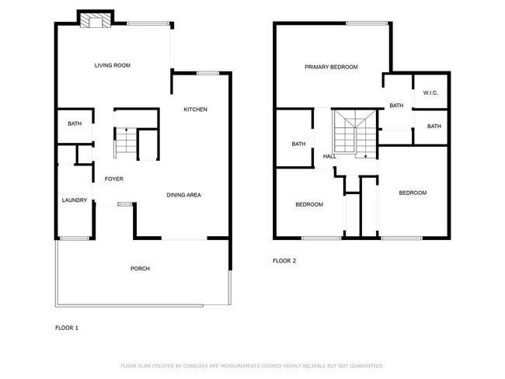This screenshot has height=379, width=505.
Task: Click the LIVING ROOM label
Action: click(x=112, y=65)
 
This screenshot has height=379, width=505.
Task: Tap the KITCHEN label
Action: click(x=195, y=110)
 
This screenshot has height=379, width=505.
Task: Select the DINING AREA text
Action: click(x=183, y=195)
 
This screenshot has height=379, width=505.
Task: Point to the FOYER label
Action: click(x=114, y=179)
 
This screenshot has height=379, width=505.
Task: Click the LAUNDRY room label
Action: click(x=74, y=200)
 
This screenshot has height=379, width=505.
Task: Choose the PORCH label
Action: click(x=140, y=269)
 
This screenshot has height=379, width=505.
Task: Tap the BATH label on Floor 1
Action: click(x=75, y=123)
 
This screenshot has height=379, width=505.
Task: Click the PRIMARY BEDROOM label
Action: click(x=331, y=68)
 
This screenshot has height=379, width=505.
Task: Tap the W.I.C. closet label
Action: click(x=430, y=93)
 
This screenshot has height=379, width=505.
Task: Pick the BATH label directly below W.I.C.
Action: click(x=434, y=127)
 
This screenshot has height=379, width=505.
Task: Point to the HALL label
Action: click(x=329, y=158)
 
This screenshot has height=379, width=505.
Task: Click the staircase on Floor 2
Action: click(x=354, y=133)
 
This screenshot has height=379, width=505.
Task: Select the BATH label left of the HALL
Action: click(x=298, y=144)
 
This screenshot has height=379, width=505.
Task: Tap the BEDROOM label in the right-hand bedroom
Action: click(x=413, y=193)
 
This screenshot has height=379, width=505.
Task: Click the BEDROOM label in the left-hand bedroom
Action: click(x=308, y=204)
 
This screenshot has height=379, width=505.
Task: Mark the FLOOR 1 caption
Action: click(x=66, y=328)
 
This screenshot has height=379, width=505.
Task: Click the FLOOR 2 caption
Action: click(x=284, y=261)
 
